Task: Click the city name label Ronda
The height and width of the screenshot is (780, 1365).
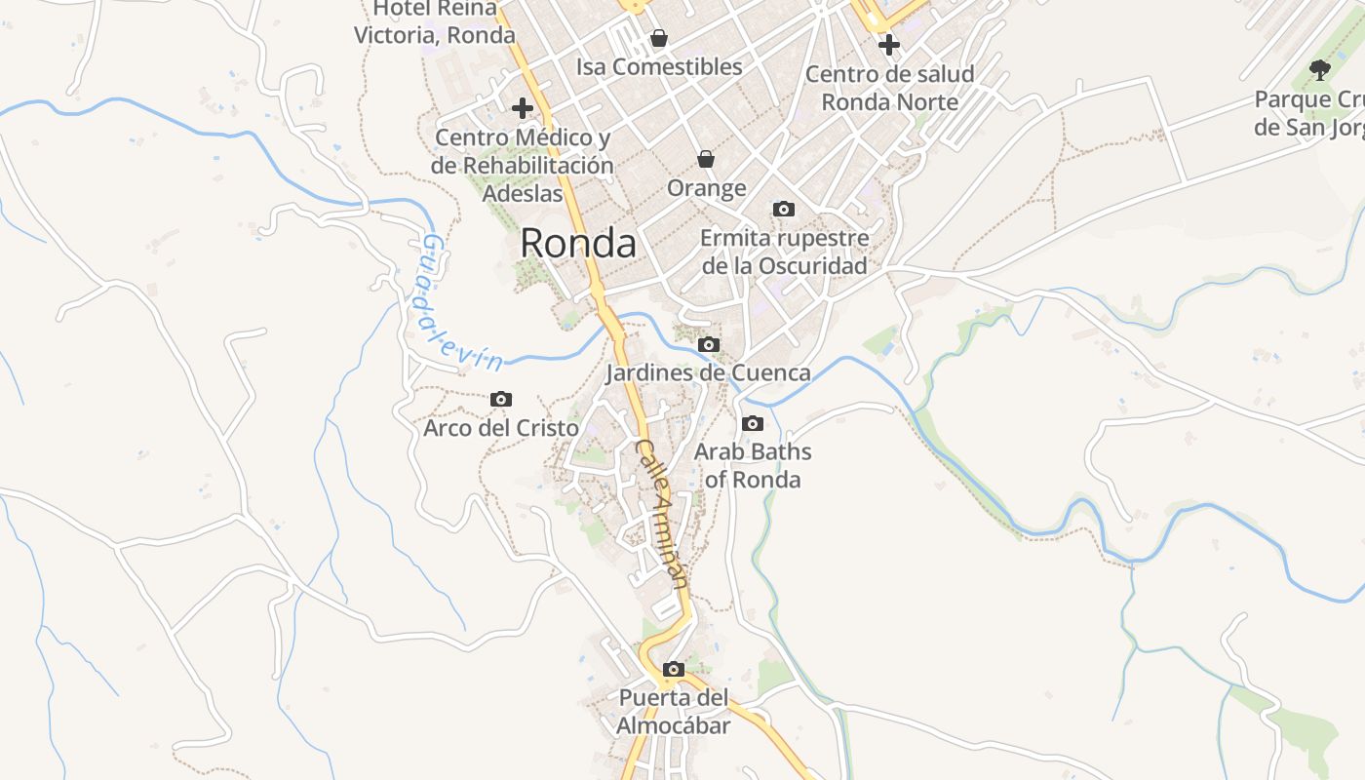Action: (578, 243)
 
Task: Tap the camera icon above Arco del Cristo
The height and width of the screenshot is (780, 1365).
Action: (501, 399)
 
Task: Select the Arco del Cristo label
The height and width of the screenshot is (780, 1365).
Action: (501, 428)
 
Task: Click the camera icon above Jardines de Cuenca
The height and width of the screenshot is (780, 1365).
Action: (709, 344)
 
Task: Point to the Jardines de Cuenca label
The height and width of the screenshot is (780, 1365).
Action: (708, 372)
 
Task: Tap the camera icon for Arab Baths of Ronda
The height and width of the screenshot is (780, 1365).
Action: (753, 423)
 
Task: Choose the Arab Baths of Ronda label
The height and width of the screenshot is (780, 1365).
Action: (753, 465)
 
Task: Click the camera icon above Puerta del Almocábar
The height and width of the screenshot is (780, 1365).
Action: (673, 669)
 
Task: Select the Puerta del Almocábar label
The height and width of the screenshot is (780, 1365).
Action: (674, 712)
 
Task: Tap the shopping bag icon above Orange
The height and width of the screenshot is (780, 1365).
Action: (706, 159)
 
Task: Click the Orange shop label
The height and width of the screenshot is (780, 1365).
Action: (707, 187)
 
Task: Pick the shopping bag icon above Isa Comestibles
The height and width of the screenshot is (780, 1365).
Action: (659, 38)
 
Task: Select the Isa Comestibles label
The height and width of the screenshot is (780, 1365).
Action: (659, 66)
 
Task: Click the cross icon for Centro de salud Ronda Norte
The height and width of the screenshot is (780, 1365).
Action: (888, 44)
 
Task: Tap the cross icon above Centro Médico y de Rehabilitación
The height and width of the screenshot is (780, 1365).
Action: (523, 107)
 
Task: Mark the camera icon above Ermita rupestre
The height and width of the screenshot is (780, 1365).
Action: (783, 209)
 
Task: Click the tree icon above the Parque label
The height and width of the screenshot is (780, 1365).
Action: (1320, 69)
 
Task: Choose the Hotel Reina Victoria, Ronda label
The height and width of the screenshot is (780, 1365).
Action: (435, 21)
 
